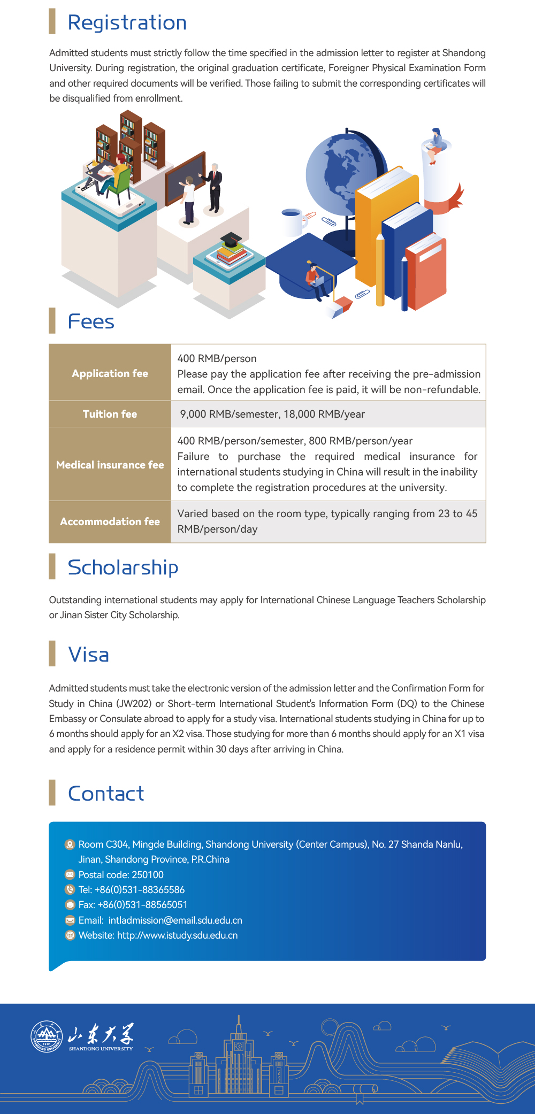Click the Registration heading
point(127,22)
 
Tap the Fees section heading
point(91,322)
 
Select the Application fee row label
point(110,373)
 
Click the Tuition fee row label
point(110,414)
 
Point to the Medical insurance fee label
point(110,465)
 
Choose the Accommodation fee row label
point(110,521)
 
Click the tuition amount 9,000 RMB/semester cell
point(272,414)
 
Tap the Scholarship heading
point(123,567)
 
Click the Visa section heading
point(89,655)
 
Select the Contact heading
point(106,794)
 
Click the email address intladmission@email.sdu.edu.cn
point(175,920)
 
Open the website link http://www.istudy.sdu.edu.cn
point(177,935)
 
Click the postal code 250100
point(148,874)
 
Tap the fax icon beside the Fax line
point(70,905)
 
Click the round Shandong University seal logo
point(47,1036)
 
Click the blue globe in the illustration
point(337,171)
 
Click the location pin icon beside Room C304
point(70,844)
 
